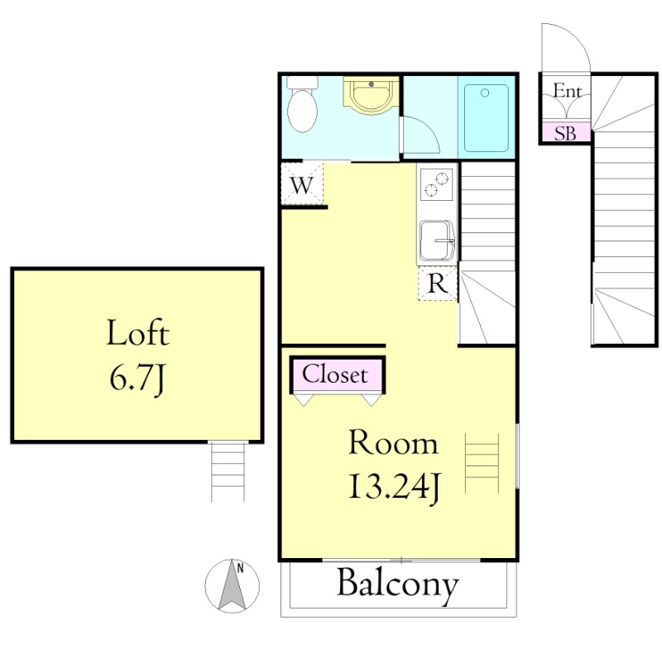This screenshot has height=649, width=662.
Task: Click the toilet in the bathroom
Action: click(x=302, y=104)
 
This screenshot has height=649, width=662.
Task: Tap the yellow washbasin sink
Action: click(x=371, y=95)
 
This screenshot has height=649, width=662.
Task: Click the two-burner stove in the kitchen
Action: click(x=437, y=184)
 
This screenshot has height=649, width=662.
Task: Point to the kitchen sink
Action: click(x=437, y=241)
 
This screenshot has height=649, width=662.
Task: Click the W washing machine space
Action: click(x=302, y=184)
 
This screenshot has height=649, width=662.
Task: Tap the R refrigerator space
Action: click(x=438, y=284)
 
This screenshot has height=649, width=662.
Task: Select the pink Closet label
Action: click(x=336, y=375)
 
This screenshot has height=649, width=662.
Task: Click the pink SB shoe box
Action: click(x=565, y=133)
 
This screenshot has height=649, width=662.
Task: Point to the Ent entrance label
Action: click(x=567, y=91)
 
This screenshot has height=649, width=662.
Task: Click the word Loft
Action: click(x=137, y=332)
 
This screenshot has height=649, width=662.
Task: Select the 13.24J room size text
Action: click(x=395, y=488)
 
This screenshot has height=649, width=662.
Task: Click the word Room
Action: click(x=394, y=442)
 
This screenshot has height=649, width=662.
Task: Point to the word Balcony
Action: click(x=397, y=585)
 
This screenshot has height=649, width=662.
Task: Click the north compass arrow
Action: click(x=233, y=585)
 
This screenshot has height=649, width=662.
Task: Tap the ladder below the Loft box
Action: click(x=228, y=471)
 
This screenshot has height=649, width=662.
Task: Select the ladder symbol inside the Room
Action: click(x=482, y=463)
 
